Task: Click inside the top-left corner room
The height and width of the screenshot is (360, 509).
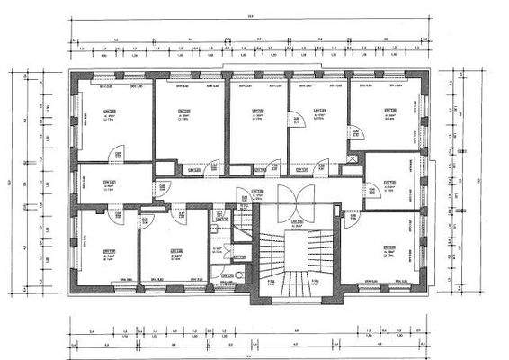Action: (112, 121)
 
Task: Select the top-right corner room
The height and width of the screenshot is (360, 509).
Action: (387, 117)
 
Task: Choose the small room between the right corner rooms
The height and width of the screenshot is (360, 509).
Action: (391, 180)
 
